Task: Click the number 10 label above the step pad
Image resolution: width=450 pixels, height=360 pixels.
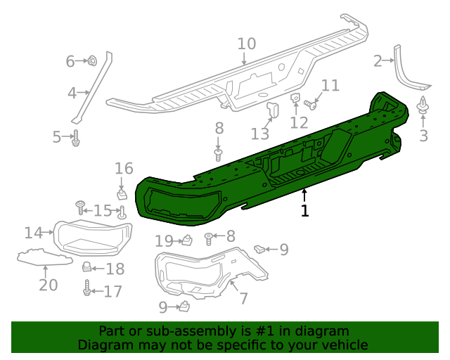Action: [x=246, y=44]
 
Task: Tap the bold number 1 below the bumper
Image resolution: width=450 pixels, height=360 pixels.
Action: [x=304, y=210]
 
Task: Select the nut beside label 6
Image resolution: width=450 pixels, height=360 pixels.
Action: [x=92, y=62]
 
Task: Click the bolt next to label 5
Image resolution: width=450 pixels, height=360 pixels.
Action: [x=75, y=139]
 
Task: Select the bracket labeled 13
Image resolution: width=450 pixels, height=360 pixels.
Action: [x=273, y=110]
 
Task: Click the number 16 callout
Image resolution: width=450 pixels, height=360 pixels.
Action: [x=124, y=168]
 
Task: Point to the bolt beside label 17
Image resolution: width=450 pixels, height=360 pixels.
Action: [x=87, y=289]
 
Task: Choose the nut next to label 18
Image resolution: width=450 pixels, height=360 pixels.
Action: [x=87, y=267]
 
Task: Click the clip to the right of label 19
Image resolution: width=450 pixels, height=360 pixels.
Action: [x=188, y=240]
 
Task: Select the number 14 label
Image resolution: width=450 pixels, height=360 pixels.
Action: [x=33, y=232]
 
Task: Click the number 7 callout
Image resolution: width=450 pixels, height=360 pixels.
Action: [x=243, y=298]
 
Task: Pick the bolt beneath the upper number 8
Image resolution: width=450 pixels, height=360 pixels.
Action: [x=219, y=153]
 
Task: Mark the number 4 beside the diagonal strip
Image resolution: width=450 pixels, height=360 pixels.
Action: [x=72, y=92]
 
